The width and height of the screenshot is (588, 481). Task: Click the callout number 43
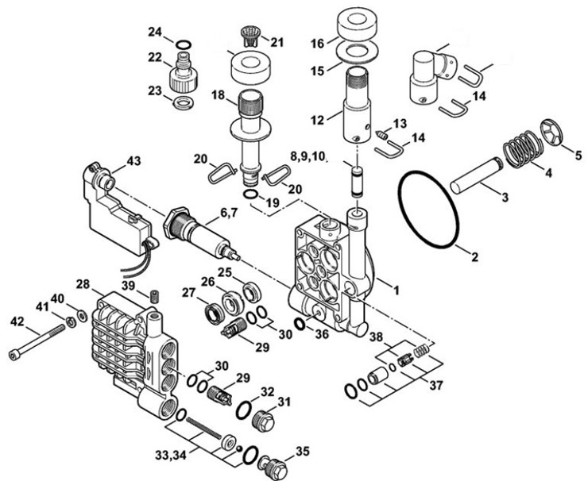point(133,161)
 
